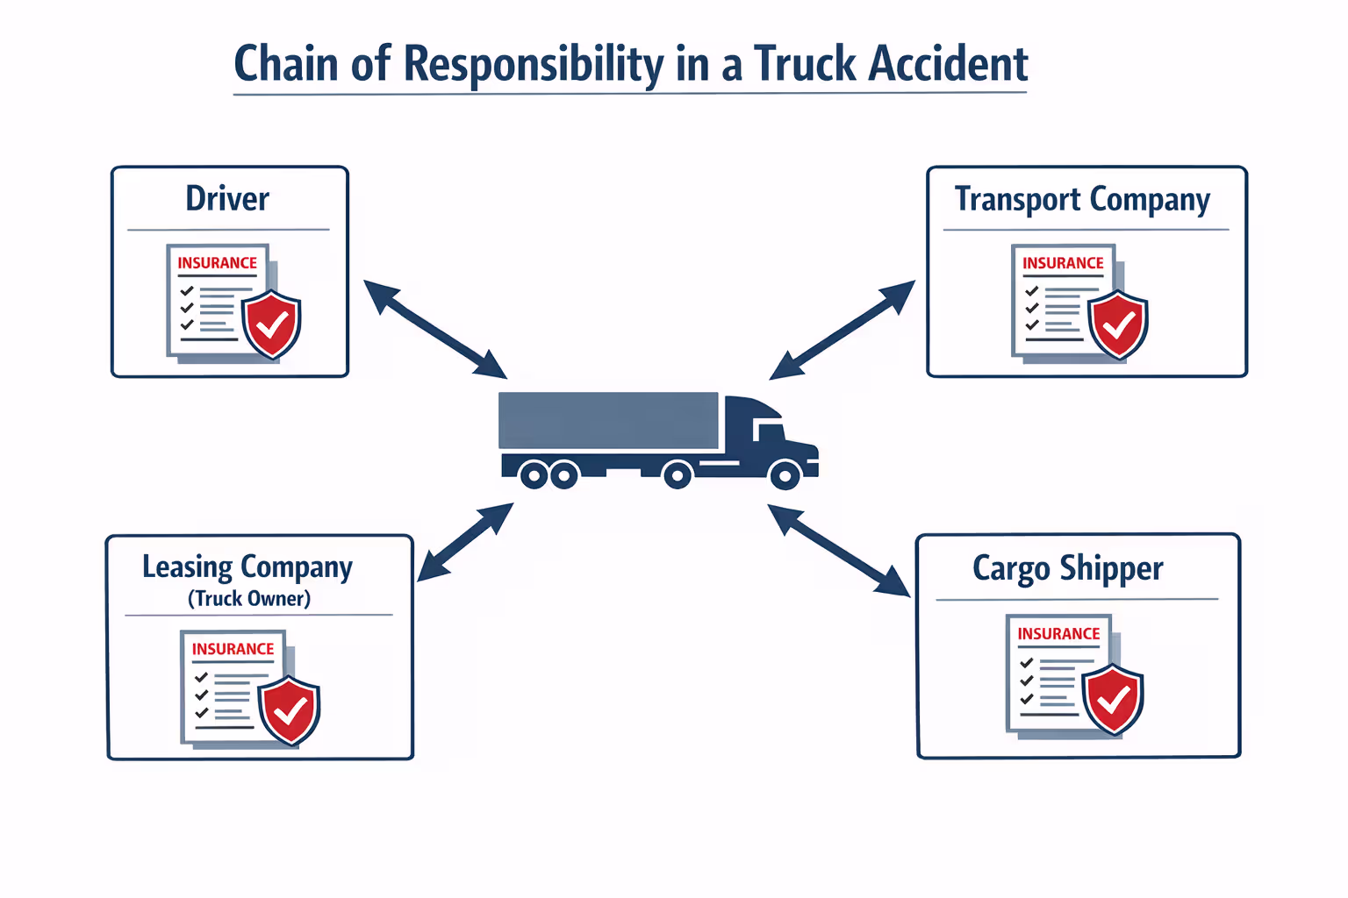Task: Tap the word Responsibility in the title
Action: point(534,64)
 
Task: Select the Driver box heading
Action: point(227,198)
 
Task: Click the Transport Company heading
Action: point(1082,200)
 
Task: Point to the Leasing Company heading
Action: point(247,567)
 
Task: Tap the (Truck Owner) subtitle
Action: point(249,599)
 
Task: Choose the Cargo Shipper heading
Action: point(1068,568)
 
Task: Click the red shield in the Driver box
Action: point(272,324)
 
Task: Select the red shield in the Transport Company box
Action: point(1118,325)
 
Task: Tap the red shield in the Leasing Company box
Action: point(290,710)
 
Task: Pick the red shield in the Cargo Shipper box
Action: point(1113,699)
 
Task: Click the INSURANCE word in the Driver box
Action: point(217,263)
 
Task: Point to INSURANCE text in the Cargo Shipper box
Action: point(1058,634)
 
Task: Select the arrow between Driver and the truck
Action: point(435,330)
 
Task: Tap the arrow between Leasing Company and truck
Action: point(465,542)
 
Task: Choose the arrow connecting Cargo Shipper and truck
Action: point(838,550)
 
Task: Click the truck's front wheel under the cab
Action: point(784,476)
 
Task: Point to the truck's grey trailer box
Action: point(608,421)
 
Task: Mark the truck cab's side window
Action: point(770,431)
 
